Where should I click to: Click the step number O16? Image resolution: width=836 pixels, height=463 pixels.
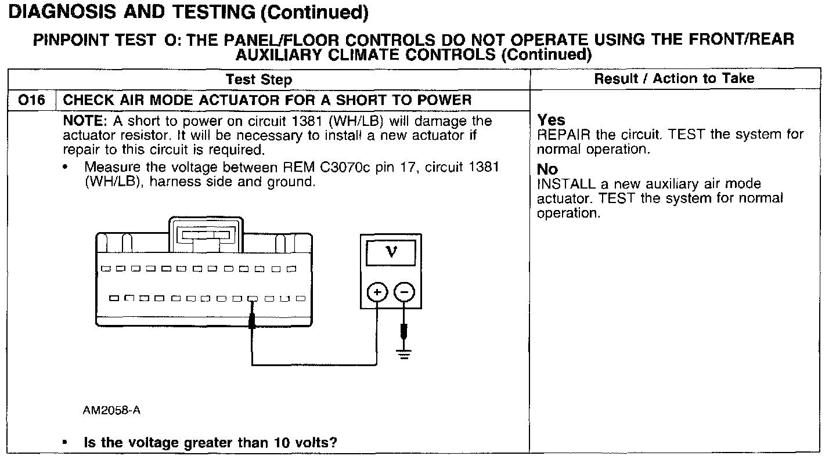(31, 100)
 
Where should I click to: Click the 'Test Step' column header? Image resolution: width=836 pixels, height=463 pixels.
(258, 79)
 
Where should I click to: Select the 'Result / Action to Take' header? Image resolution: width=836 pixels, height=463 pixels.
(674, 78)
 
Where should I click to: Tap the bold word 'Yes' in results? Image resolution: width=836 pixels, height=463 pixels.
(551, 120)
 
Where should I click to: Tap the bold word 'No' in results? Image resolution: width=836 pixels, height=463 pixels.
(547, 169)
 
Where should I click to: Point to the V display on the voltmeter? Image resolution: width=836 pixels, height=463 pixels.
(392, 252)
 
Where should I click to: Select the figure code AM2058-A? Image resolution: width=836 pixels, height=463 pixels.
(111, 411)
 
